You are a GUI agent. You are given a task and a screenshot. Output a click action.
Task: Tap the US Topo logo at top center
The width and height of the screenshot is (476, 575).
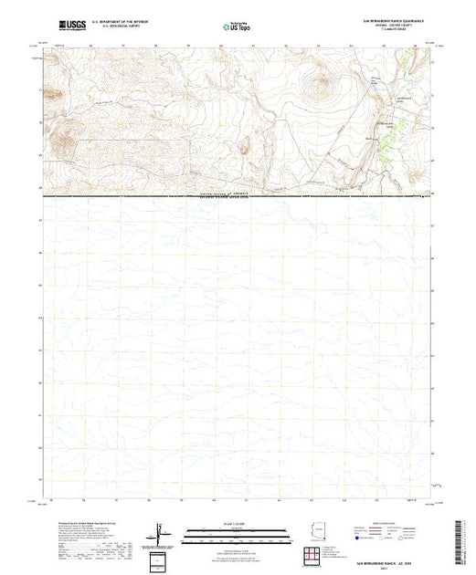pyautogui.click(x=238, y=26)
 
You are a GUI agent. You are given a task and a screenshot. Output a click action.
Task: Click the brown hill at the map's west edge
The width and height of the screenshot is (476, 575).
pyautogui.click(x=61, y=141)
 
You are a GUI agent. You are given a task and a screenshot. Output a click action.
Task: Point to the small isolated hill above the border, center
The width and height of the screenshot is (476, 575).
pyautogui.click(x=245, y=147)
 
